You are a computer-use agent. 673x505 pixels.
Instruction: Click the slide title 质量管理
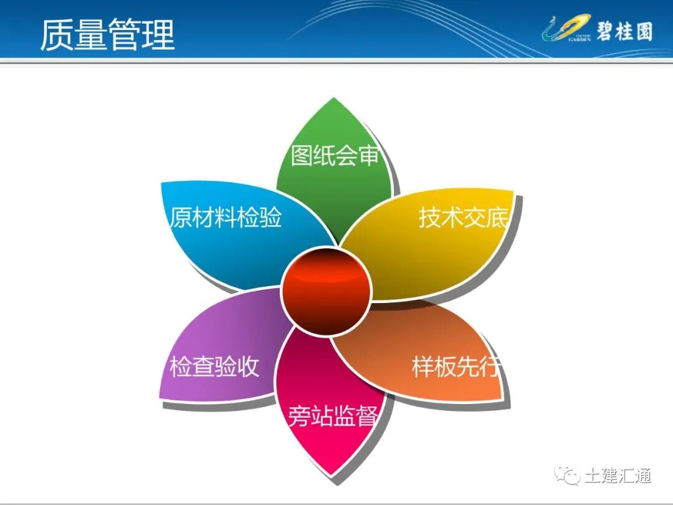pos(107,34)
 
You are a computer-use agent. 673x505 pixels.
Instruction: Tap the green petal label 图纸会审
pos(335,155)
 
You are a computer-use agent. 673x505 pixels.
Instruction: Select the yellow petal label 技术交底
pos(463,218)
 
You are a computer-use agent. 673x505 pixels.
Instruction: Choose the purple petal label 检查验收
pos(214,367)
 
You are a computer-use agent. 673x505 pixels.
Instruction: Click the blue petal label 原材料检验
pos(226,218)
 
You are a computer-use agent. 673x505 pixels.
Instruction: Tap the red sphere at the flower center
pos(326,291)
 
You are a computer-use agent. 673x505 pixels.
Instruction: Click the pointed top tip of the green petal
pos(335,100)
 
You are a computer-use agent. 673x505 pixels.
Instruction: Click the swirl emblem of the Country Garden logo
pos(564,29)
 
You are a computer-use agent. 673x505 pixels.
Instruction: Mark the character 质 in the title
pos(57,34)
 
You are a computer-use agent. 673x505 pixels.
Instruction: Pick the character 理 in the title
pos(158,34)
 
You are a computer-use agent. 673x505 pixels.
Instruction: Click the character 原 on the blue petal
pos(180,218)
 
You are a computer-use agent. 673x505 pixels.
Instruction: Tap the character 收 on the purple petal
pos(247,367)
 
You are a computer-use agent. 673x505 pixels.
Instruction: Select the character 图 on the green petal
pos(302,155)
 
